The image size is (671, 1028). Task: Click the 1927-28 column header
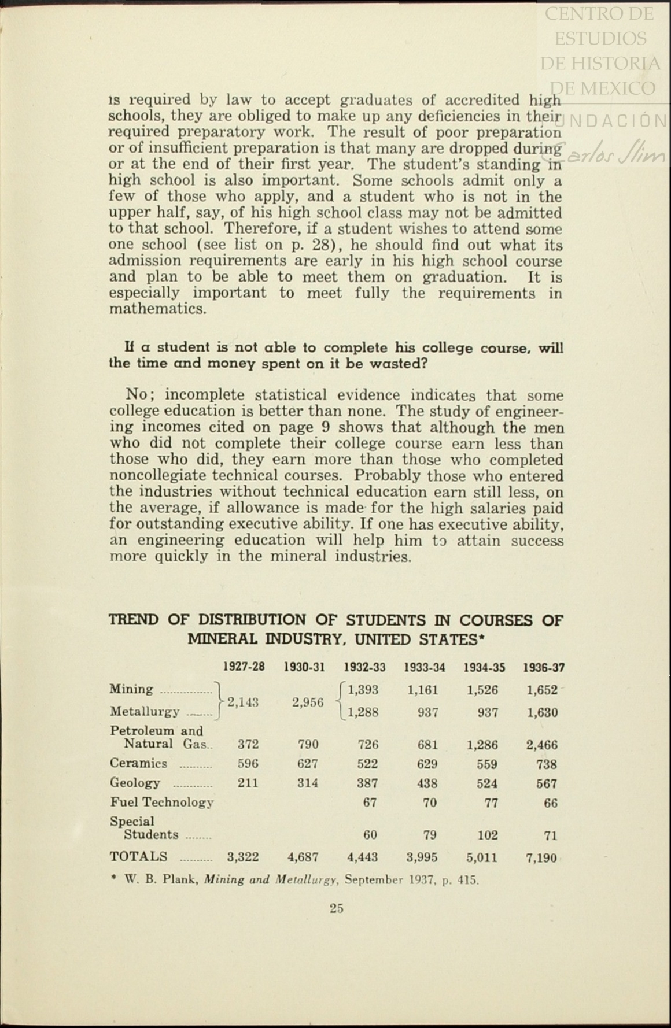(244, 667)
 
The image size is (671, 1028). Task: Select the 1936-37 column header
(544, 668)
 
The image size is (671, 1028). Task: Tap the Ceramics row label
(139, 763)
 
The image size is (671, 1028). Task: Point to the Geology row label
(135, 783)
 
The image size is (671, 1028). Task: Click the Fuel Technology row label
(162, 802)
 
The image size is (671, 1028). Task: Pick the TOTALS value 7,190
(541, 857)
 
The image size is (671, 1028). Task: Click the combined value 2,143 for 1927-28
(243, 702)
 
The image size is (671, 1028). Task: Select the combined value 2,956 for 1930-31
(308, 702)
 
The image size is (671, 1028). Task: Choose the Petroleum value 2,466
(542, 745)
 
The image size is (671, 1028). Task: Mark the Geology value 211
(248, 783)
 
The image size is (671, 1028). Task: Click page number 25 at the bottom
(337, 908)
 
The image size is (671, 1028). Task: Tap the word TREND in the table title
(134, 620)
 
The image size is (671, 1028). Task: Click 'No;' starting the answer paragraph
(141, 395)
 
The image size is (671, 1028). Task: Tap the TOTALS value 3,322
(243, 857)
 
